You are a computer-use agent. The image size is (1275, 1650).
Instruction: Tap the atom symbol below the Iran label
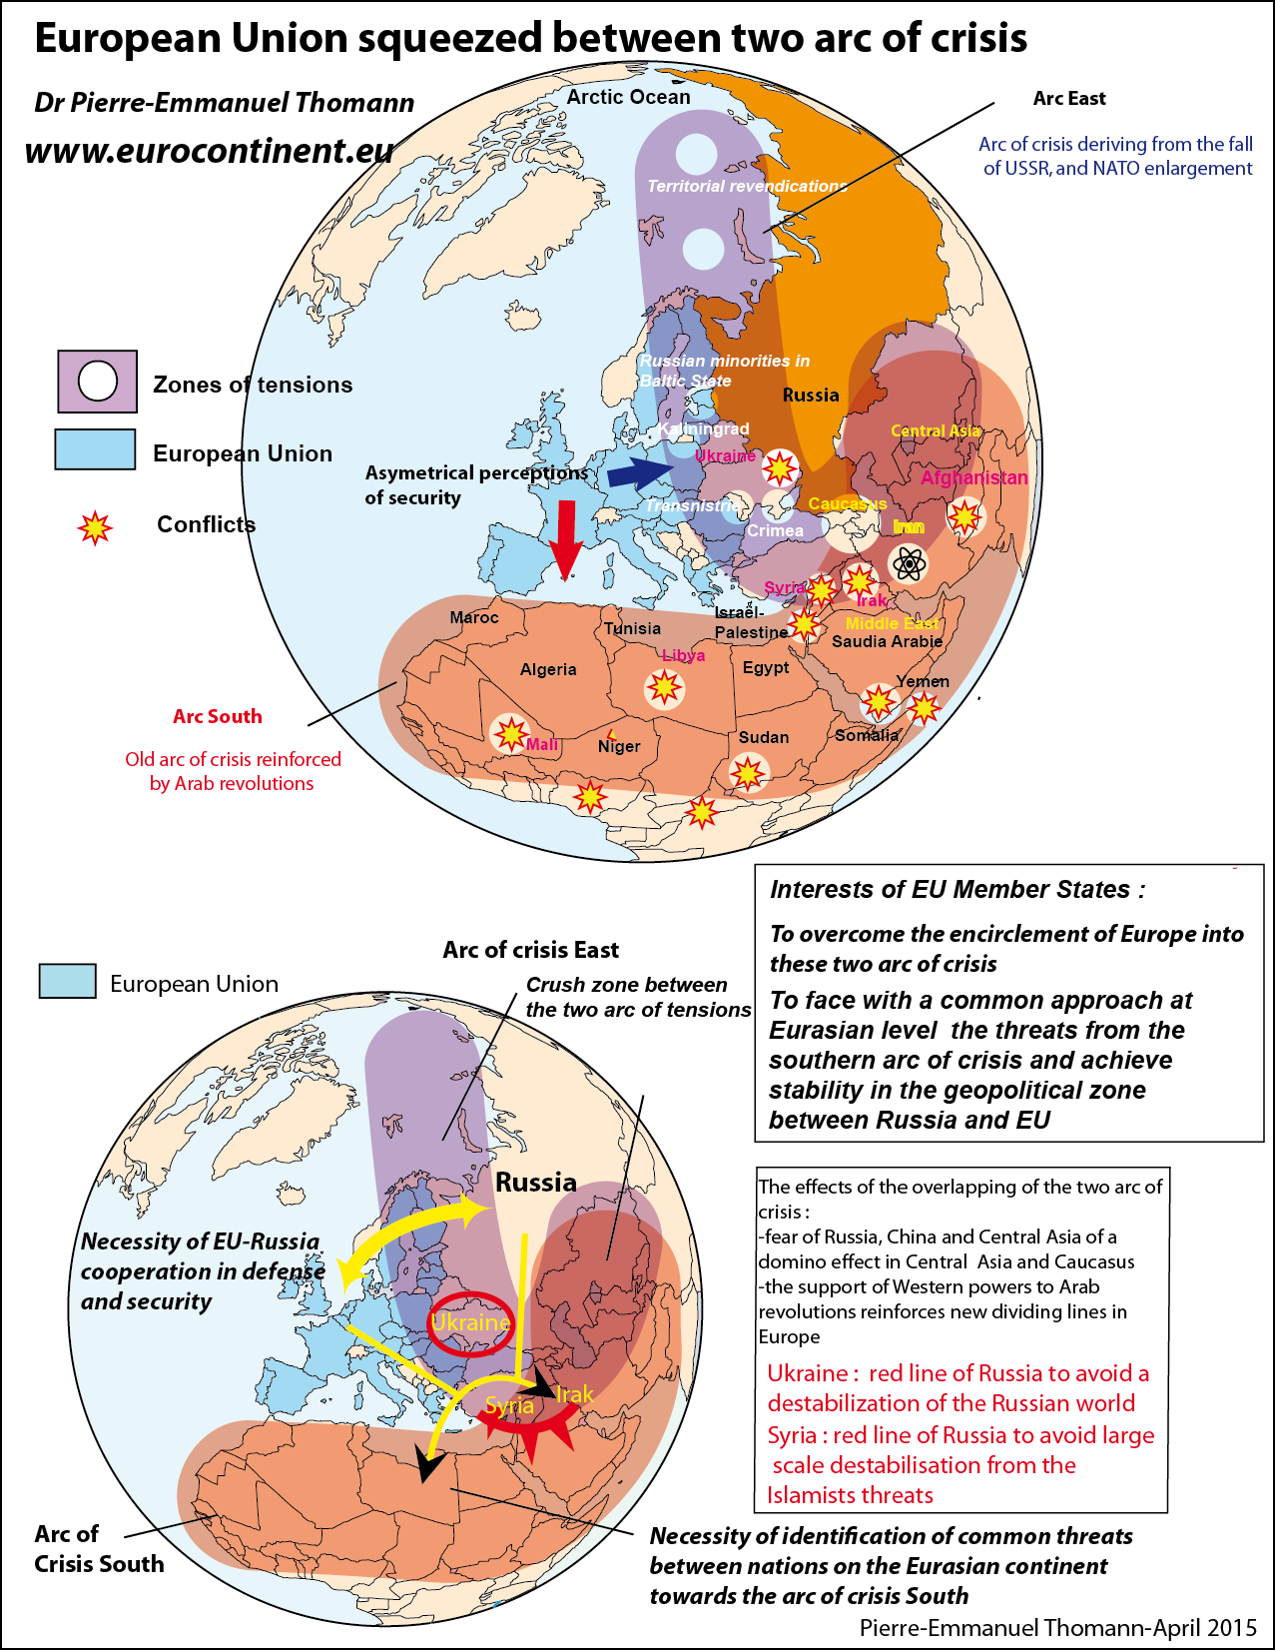coord(909,564)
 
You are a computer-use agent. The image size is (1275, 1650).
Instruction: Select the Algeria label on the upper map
coord(548,669)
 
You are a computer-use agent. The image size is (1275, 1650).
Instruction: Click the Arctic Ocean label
coord(628,97)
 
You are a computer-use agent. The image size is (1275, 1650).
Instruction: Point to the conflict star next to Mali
coord(510,734)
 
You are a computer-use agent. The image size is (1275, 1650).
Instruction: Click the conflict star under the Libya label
coord(664,687)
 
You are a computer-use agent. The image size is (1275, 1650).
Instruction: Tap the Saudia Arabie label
coord(887,641)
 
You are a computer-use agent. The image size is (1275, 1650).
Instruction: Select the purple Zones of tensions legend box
coord(97,382)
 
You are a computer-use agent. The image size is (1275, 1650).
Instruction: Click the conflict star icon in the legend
coord(95,526)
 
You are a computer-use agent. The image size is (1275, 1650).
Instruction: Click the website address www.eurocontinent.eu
coord(209,150)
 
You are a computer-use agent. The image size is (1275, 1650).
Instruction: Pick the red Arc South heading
coord(217,716)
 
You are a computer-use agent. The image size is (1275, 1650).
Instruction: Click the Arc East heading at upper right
coord(1068,98)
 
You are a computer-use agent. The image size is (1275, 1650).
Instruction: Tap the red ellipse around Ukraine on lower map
coord(472,1323)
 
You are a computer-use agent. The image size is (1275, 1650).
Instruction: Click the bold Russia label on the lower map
coord(536,1183)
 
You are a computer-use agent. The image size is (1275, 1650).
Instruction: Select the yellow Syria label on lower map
coord(509,1405)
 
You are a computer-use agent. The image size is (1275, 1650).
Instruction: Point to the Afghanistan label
coord(973,477)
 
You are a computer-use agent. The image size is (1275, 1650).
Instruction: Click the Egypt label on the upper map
coord(766,667)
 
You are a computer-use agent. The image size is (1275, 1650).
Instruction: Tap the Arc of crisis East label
coord(530,950)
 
